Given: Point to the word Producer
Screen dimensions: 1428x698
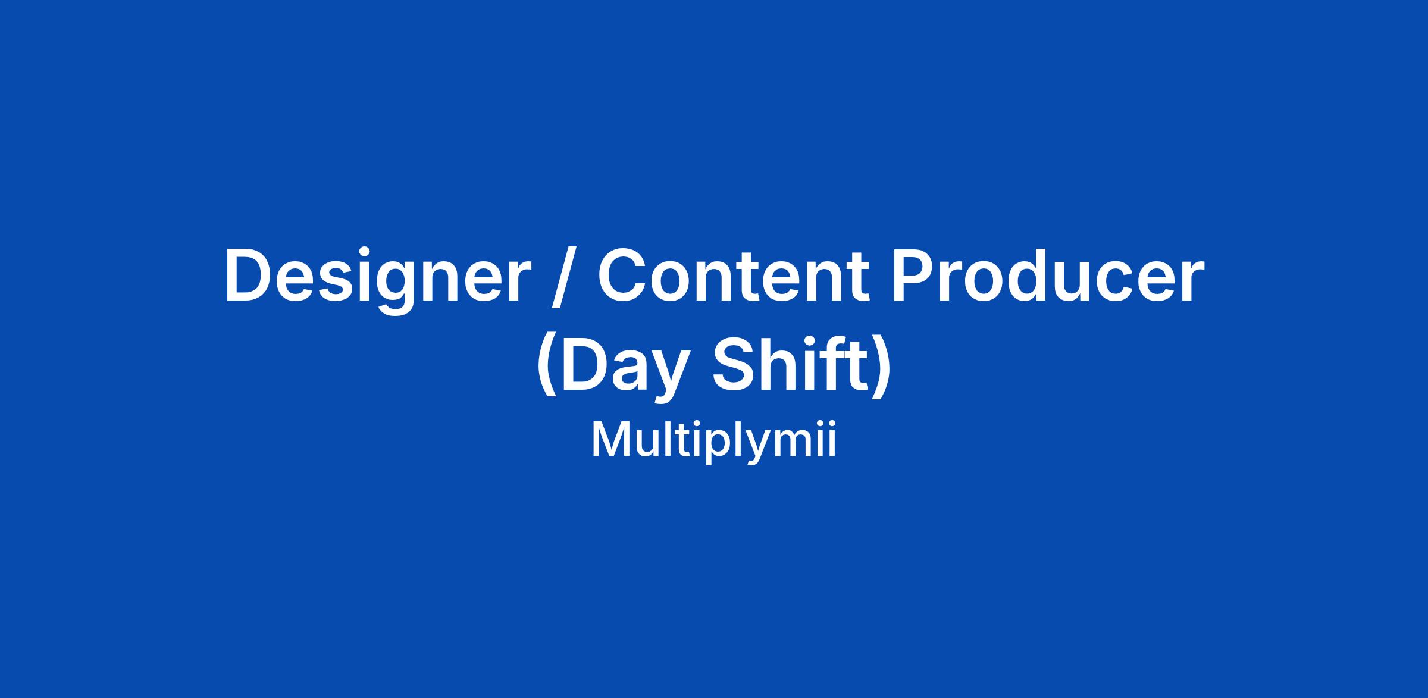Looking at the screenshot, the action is [1047, 275].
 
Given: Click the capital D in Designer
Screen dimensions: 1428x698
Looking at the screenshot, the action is [249, 276].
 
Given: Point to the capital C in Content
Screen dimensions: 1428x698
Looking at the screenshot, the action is [624, 276].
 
